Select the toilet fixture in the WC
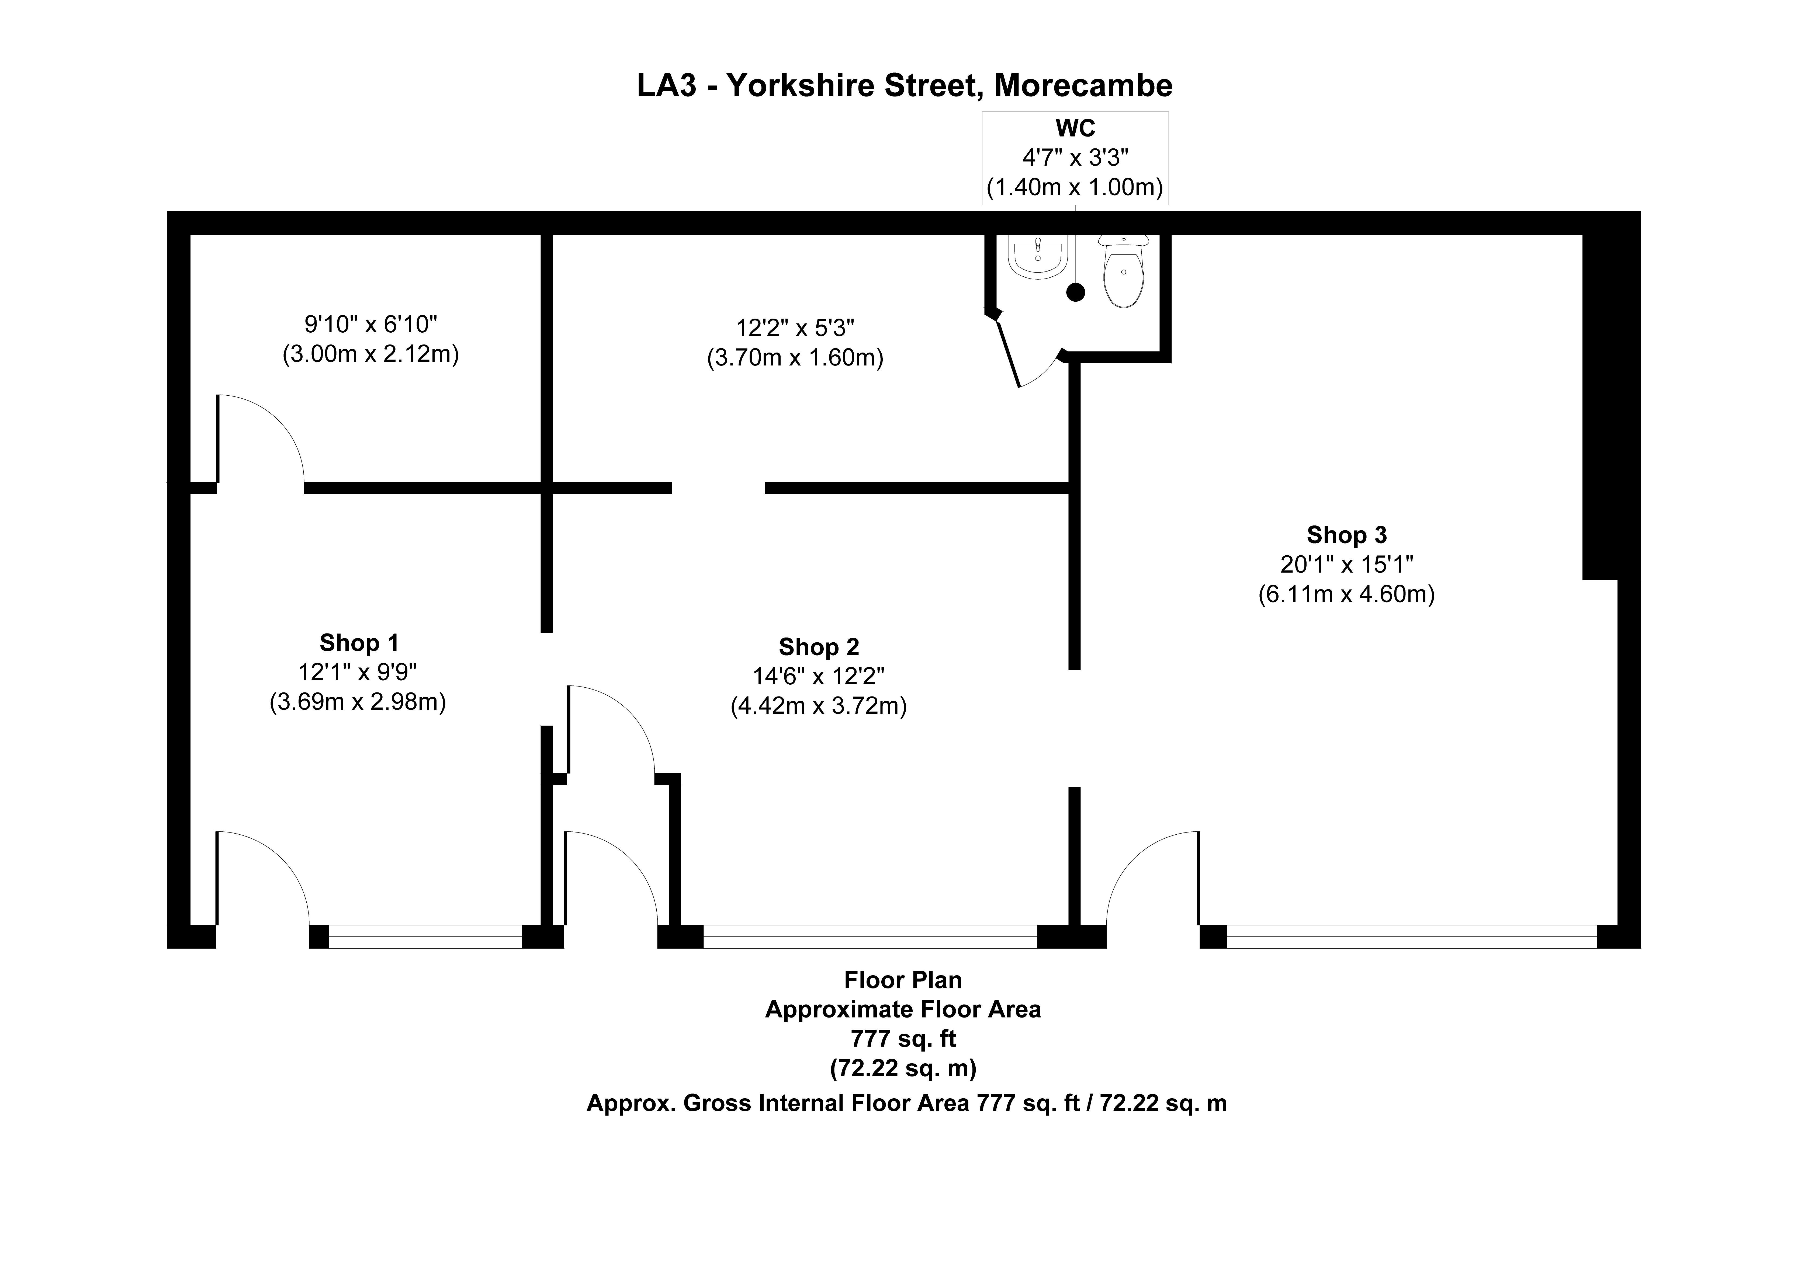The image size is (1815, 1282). [x=1123, y=273]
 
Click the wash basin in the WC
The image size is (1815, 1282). [x=1037, y=257]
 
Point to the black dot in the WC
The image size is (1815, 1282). [x=1075, y=292]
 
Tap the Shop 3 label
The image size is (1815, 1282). [x=1346, y=535]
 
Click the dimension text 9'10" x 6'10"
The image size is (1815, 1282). [x=371, y=324]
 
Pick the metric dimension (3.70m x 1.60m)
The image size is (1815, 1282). [x=794, y=358]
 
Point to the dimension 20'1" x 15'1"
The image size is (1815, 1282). [x=1346, y=564]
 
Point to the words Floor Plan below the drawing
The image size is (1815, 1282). [x=903, y=980]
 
